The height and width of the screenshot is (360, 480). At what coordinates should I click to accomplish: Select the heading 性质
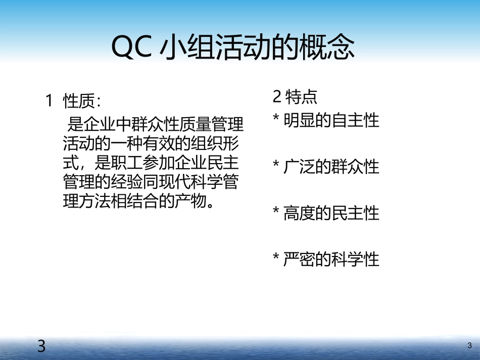(x=79, y=101)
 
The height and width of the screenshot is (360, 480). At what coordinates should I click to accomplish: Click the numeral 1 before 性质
(x=50, y=101)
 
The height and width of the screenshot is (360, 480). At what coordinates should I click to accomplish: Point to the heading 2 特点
(x=295, y=97)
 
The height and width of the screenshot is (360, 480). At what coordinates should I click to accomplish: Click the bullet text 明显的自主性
(x=331, y=121)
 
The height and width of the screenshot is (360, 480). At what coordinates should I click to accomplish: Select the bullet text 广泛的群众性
(x=331, y=167)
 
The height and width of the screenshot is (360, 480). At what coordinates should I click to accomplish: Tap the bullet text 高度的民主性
(x=331, y=213)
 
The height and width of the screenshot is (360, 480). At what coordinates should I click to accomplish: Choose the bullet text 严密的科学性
(x=331, y=260)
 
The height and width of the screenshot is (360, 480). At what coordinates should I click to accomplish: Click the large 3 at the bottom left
(x=41, y=346)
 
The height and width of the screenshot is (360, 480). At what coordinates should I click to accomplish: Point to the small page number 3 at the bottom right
(x=469, y=346)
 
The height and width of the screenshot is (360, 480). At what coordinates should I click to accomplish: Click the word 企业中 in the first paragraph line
(x=107, y=124)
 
